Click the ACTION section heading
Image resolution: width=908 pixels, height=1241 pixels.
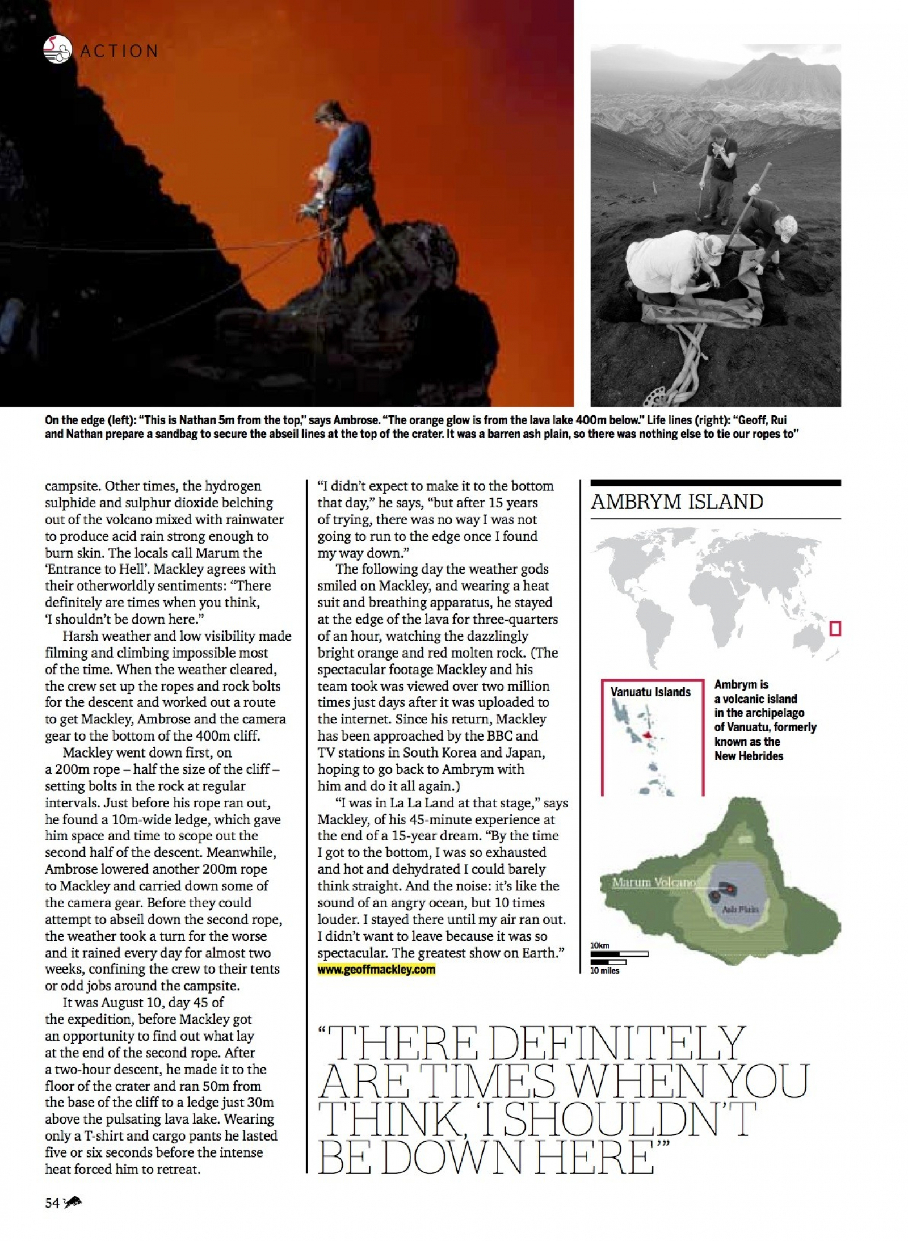[x=119, y=51]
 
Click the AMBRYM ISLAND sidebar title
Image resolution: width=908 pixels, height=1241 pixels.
[x=676, y=502]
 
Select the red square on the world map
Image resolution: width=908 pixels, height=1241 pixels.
[x=834, y=628]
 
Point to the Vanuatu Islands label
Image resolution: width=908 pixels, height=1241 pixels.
[x=650, y=692]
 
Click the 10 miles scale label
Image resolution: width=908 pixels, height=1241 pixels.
[x=605, y=970]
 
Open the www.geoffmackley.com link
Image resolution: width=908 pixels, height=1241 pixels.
[x=376, y=969]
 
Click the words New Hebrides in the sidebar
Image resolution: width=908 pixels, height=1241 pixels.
[x=749, y=756]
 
